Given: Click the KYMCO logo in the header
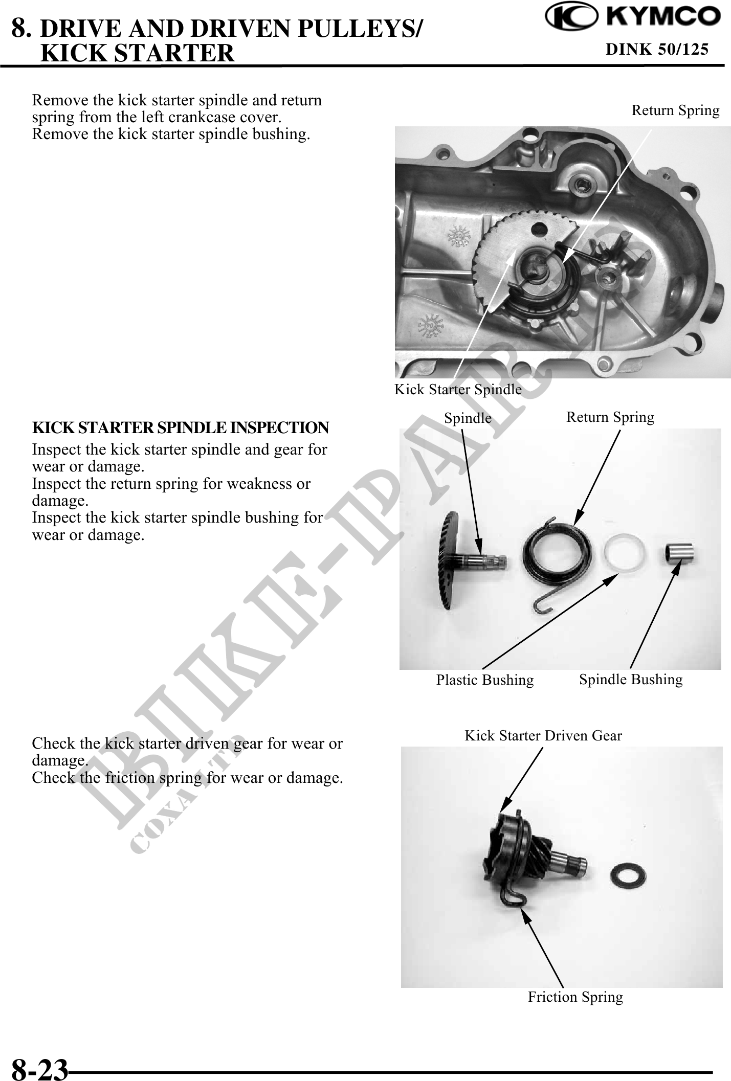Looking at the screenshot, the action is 632,17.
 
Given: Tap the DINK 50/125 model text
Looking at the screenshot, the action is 657,49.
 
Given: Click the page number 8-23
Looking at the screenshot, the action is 39,1068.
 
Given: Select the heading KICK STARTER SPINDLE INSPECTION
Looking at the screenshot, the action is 181,427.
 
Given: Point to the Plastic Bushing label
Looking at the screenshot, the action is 484,680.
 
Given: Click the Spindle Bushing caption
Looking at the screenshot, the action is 631,679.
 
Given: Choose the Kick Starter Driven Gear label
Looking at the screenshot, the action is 543,735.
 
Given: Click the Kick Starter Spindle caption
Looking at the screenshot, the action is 458,389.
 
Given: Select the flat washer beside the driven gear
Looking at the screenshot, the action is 629,876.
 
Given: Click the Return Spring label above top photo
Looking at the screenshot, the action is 675,110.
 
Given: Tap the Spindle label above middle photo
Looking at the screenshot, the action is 468,418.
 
